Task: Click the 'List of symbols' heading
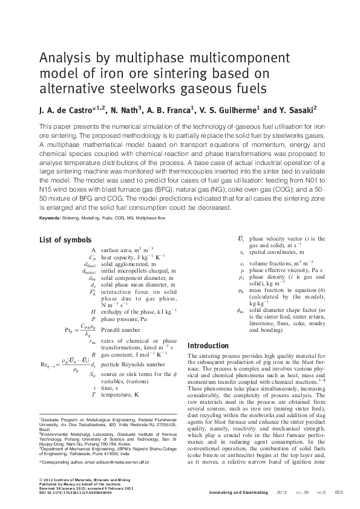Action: tap(65, 240)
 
